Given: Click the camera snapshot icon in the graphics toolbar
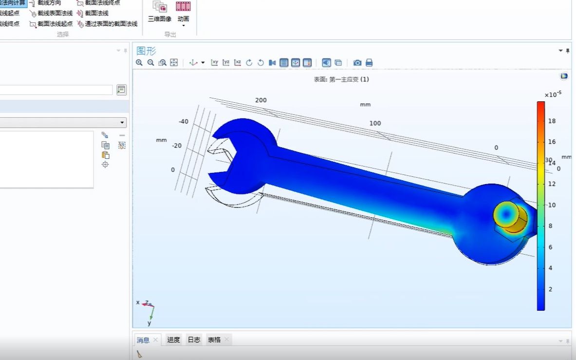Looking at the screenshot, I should (x=357, y=63).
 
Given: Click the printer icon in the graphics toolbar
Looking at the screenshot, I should (x=369, y=63).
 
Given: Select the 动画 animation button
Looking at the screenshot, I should (x=184, y=12).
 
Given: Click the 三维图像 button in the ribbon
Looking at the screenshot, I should (x=160, y=12).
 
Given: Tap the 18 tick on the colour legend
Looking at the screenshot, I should (x=552, y=121).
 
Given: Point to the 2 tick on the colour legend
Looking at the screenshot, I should (x=551, y=289).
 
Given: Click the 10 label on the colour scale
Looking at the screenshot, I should (x=552, y=205).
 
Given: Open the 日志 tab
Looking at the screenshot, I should (x=194, y=340).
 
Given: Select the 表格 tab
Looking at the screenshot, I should (x=214, y=340).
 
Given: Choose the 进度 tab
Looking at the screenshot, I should (x=173, y=340).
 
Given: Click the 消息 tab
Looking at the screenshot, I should (x=143, y=340).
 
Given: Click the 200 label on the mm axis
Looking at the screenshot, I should (x=261, y=100).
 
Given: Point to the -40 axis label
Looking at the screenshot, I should (x=183, y=122).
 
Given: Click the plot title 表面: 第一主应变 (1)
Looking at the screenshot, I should (x=341, y=79).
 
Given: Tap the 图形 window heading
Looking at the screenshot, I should (x=146, y=51).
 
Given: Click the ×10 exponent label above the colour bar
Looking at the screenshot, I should (x=553, y=95).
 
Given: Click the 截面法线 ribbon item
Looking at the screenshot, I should (x=96, y=13).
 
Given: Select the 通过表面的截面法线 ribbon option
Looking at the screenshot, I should (x=111, y=23).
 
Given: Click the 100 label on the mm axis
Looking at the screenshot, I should (x=375, y=123).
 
